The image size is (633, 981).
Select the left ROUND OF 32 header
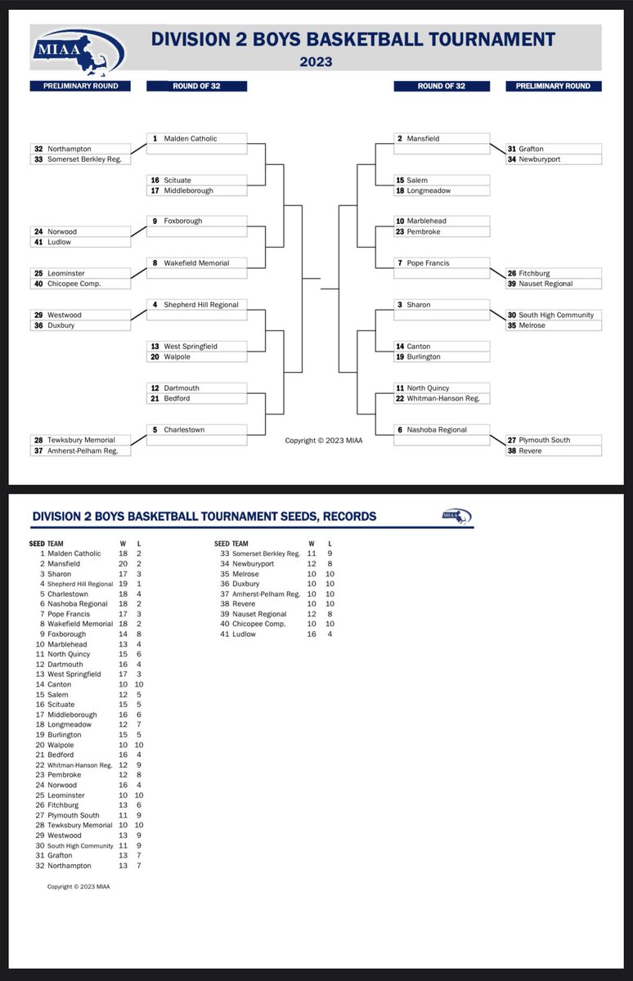pyautogui.click(x=195, y=86)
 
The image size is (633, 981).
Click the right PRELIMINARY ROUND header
pyautogui.click(x=554, y=86)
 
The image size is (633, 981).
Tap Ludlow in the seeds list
pyautogui.click(x=244, y=634)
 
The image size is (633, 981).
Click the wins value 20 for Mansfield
pyautogui.click(x=123, y=563)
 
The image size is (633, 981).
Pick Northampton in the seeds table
pyautogui.click(x=69, y=866)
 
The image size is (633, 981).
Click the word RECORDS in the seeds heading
pyautogui.click(x=348, y=517)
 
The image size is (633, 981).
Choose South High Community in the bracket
pyautogui.click(x=556, y=315)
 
